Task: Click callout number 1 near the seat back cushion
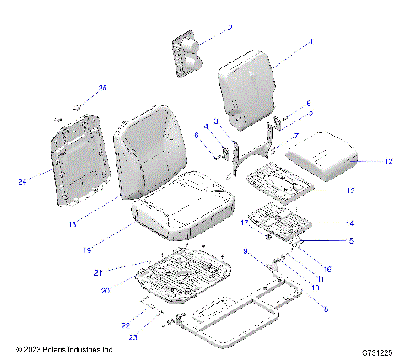[311, 40]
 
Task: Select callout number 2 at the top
[229, 28]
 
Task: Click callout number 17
[243, 223]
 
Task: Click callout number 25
[103, 88]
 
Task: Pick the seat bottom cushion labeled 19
[181, 211]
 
